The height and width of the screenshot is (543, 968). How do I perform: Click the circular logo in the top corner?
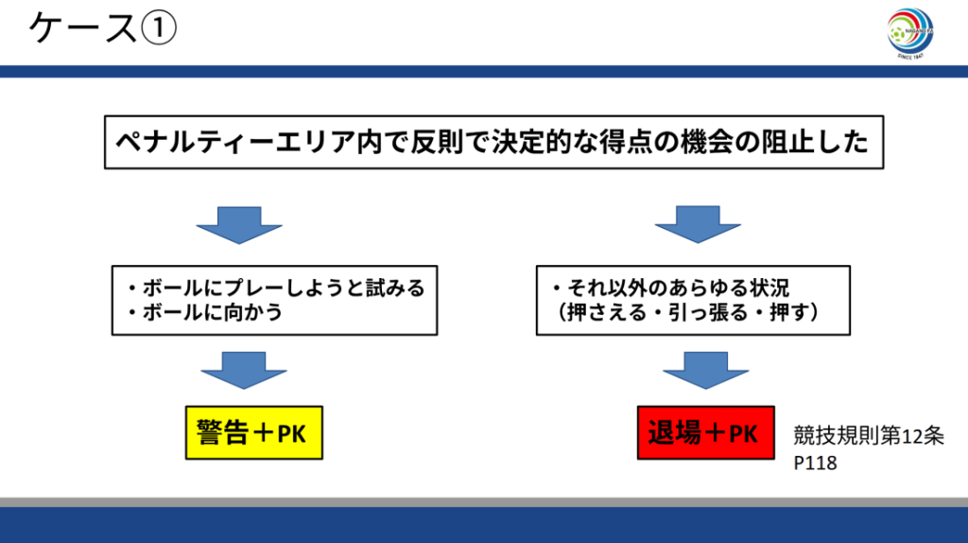tap(910, 34)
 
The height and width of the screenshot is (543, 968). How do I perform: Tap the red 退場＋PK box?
tap(702, 433)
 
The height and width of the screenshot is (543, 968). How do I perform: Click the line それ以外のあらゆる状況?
tap(670, 288)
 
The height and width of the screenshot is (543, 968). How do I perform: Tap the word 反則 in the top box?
tap(438, 143)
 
